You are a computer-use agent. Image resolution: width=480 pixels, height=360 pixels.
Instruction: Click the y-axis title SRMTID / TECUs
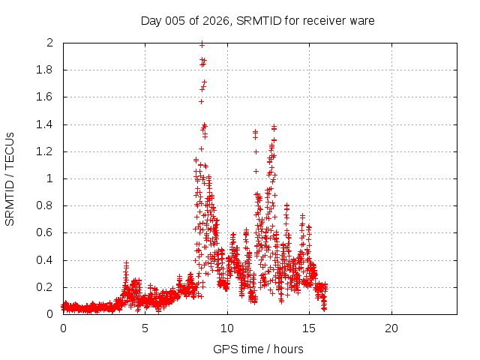pyautogui.click(x=10, y=178)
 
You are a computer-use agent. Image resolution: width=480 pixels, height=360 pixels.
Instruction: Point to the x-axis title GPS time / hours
pyautogui.click(x=258, y=349)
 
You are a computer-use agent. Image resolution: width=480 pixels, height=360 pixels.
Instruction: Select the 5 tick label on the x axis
pyautogui.click(x=145, y=328)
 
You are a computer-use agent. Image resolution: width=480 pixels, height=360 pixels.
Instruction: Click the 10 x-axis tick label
pyautogui.click(x=227, y=328)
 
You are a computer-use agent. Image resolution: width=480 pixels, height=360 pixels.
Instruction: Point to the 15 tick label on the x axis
pyautogui.click(x=309, y=328)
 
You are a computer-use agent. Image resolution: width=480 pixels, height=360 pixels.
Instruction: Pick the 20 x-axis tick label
pyautogui.click(x=391, y=328)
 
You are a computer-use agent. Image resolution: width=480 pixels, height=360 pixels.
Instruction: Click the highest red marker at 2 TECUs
pyautogui.click(x=202, y=44)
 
